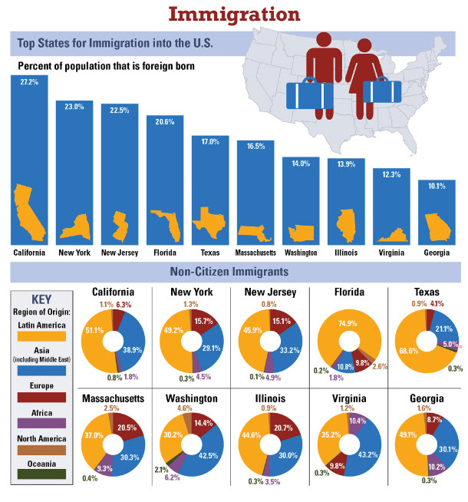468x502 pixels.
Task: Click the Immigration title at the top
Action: (233, 15)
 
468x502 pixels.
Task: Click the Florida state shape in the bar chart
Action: (165, 224)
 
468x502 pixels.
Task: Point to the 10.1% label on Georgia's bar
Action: (436, 185)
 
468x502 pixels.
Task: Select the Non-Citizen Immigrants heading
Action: (233, 272)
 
